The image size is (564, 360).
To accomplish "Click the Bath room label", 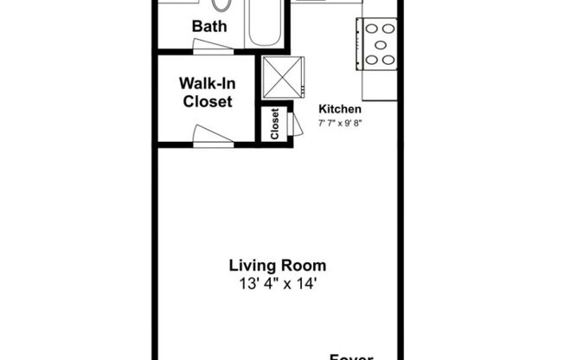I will coord(209,26).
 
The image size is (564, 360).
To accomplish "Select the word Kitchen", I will coord(340,109).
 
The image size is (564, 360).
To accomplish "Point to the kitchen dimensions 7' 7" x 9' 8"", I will coord(340,123).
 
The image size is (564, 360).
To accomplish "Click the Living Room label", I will coord(278,266).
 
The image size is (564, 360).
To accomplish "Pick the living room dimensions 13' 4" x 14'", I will coord(278,283).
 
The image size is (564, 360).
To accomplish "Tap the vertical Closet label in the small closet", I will coord(275,124).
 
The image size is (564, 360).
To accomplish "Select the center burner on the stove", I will coord(380,44).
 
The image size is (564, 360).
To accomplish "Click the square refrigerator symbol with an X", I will coord(284,76).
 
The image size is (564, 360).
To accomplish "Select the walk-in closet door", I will coord(213,136).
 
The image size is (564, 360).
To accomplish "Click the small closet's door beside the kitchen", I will coord(298,124).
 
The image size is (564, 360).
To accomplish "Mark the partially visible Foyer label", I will coord(350,355).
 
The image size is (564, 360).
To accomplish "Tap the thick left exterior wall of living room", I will coord(156,251).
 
